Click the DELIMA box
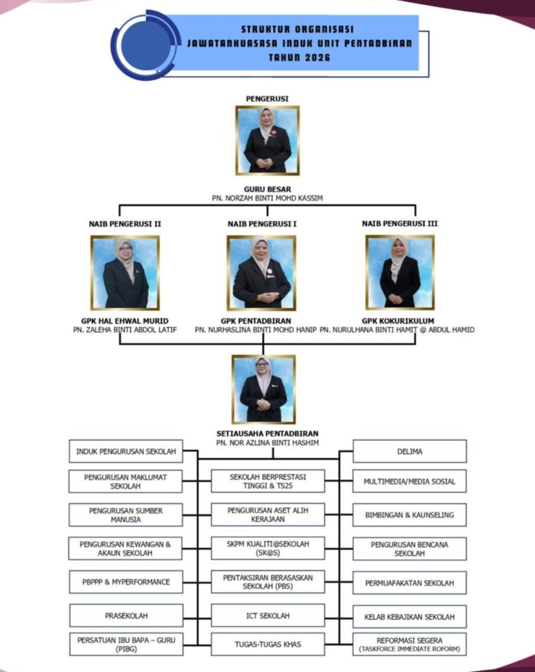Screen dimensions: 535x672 410,451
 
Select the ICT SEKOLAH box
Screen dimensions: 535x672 267,616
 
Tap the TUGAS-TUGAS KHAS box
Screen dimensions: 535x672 267,644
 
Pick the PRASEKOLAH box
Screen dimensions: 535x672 126,616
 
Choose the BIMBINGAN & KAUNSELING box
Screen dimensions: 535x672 410,514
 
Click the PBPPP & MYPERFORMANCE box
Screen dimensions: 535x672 126,582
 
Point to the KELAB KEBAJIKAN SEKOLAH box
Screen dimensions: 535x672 410,617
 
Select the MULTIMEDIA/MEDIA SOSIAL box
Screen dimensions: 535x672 410,481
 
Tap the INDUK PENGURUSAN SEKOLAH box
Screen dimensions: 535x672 126,451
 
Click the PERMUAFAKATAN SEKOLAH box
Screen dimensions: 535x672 410,583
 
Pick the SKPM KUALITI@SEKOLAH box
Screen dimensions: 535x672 267,548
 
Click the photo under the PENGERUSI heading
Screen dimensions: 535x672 267,141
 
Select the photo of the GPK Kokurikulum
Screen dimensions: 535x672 400,272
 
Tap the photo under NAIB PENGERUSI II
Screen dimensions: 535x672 125,273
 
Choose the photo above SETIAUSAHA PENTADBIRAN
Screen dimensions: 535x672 263,389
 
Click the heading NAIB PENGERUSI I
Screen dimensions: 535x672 262,224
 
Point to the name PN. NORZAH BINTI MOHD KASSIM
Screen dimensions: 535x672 267,198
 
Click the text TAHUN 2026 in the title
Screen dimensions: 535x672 300,57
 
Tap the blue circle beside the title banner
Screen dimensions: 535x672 146,45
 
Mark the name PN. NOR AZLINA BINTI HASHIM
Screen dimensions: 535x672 267,443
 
